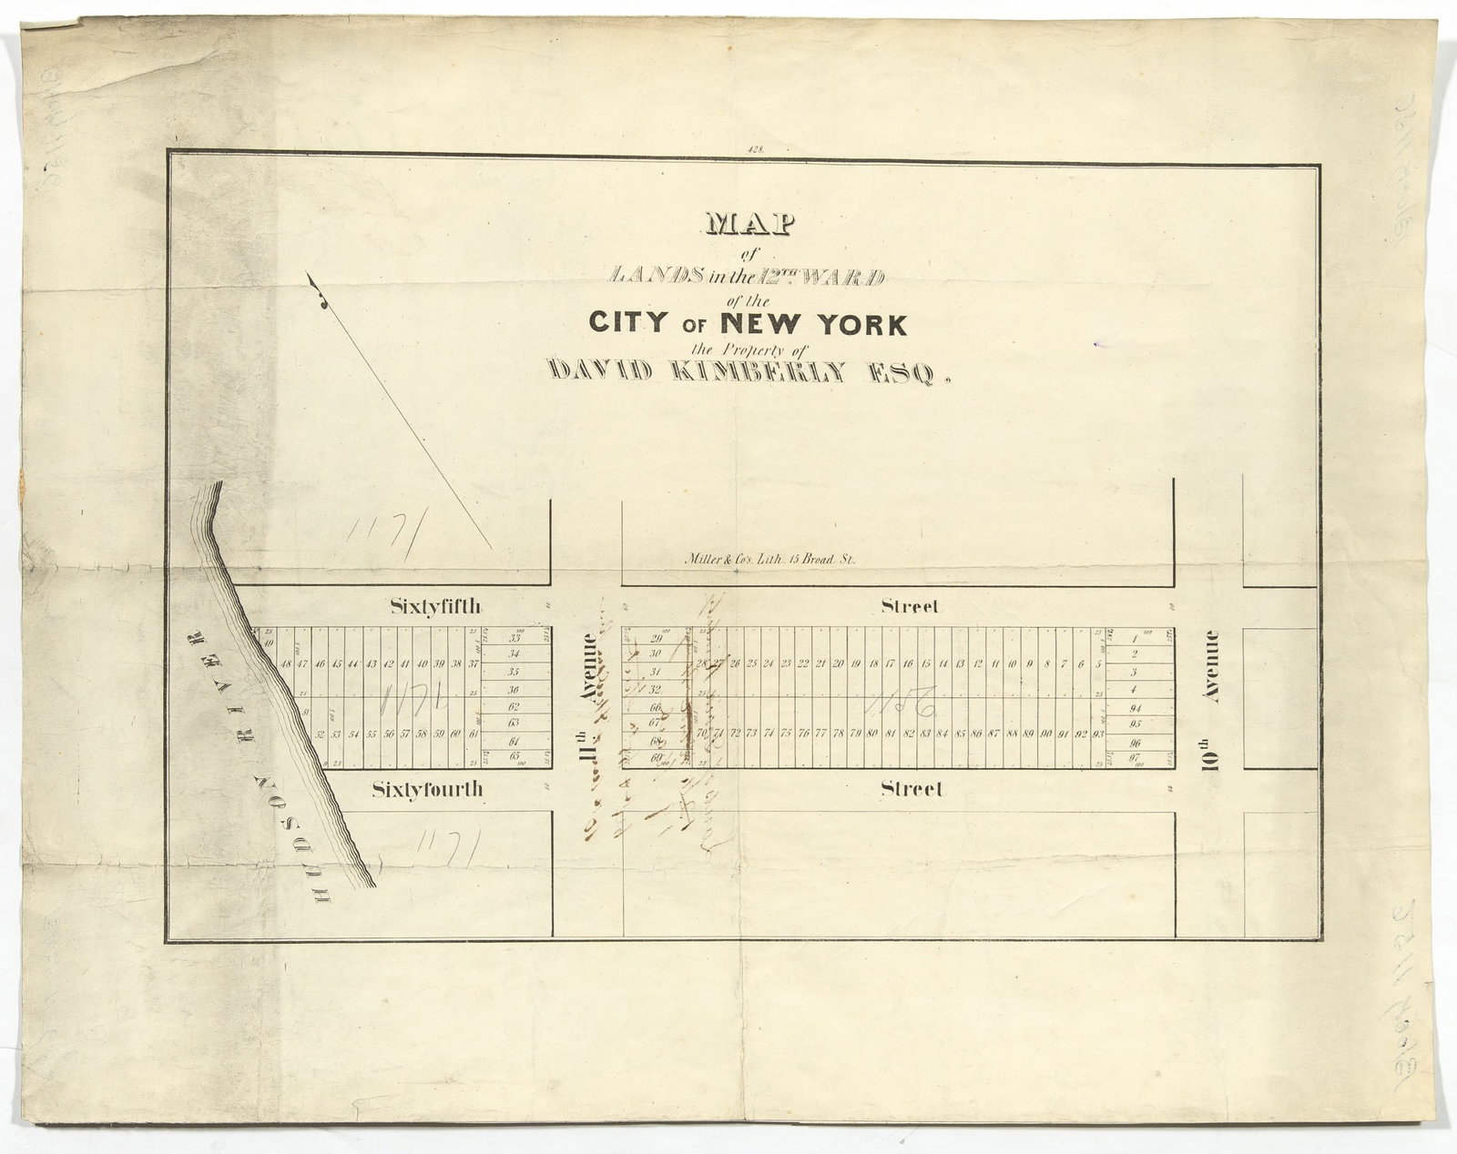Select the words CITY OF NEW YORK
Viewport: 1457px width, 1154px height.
point(747,323)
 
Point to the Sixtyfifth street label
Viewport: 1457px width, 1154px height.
point(429,607)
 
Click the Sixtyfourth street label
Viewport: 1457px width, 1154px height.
point(427,790)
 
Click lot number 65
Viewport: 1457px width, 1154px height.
point(515,755)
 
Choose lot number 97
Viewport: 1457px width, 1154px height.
point(1135,756)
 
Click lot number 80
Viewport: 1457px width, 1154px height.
point(872,734)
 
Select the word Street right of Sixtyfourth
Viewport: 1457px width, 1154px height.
point(912,790)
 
